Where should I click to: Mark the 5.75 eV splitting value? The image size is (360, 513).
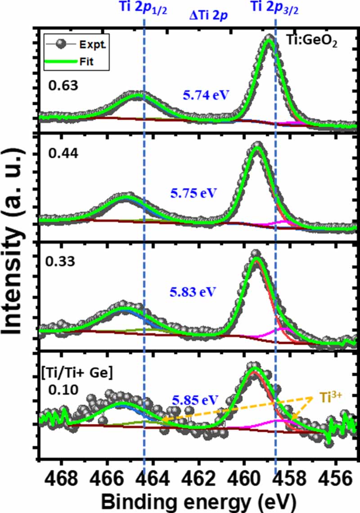(x=193, y=193)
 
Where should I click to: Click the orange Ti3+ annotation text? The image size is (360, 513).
(x=331, y=398)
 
